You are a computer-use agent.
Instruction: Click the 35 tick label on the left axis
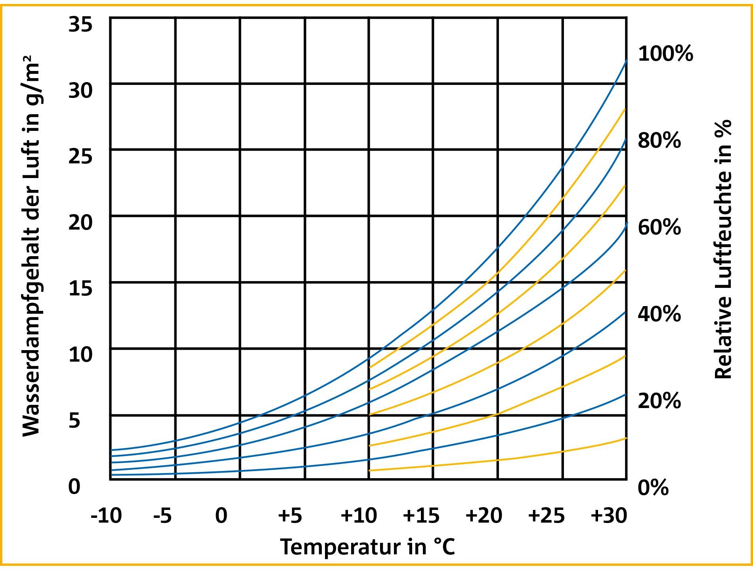click(x=80, y=25)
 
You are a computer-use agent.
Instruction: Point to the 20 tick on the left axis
click(x=80, y=223)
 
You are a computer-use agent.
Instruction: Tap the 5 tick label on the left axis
click(x=75, y=421)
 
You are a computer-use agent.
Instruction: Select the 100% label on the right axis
click(x=665, y=54)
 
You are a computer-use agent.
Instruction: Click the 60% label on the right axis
click(x=659, y=228)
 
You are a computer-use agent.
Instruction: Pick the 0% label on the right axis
click(x=653, y=488)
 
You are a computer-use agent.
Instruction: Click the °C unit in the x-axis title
click(x=444, y=547)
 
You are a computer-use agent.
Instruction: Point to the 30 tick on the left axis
click(x=80, y=91)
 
